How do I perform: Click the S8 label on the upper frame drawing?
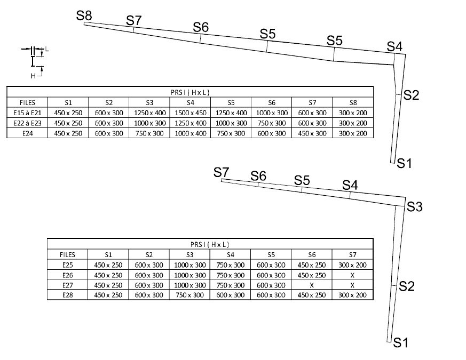click(x=84, y=15)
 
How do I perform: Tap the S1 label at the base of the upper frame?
click(x=404, y=163)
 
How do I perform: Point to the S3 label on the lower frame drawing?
click(x=415, y=207)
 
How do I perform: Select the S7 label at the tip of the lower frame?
click(x=221, y=172)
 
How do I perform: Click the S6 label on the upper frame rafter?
click(x=201, y=27)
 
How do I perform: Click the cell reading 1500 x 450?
click(x=190, y=113)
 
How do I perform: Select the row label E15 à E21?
click(x=28, y=113)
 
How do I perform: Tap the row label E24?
click(x=28, y=133)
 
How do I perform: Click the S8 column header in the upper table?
click(x=352, y=102)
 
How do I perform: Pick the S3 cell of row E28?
click(x=190, y=295)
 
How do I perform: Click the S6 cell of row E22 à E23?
click(x=271, y=123)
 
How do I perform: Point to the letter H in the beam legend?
click(x=33, y=76)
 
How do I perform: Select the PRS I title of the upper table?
click(x=190, y=92)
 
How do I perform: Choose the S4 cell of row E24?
click(x=190, y=133)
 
